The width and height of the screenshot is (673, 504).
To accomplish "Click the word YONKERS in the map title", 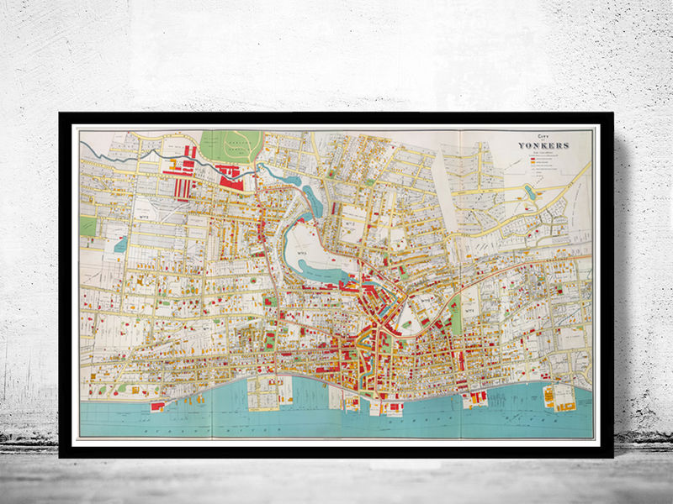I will pyautogui.click(x=546, y=145).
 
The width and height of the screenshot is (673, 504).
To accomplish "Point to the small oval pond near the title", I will pyautogui.click(x=529, y=192).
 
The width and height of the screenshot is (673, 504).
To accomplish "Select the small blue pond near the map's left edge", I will pyautogui.click(x=120, y=244).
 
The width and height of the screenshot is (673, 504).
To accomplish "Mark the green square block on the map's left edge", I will pyautogui.click(x=88, y=225).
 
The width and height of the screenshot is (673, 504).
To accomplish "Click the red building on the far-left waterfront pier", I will pyautogui.click(x=157, y=406).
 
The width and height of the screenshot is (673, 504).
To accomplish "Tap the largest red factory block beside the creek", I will pyautogui.click(x=229, y=175).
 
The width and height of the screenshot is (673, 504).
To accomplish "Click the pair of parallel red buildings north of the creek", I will pyautogui.click(x=191, y=152).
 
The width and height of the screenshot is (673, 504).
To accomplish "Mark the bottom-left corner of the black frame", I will pyautogui.click(x=61, y=455).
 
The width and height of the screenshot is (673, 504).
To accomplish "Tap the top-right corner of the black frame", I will pyautogui.click(x=612, y=114).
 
